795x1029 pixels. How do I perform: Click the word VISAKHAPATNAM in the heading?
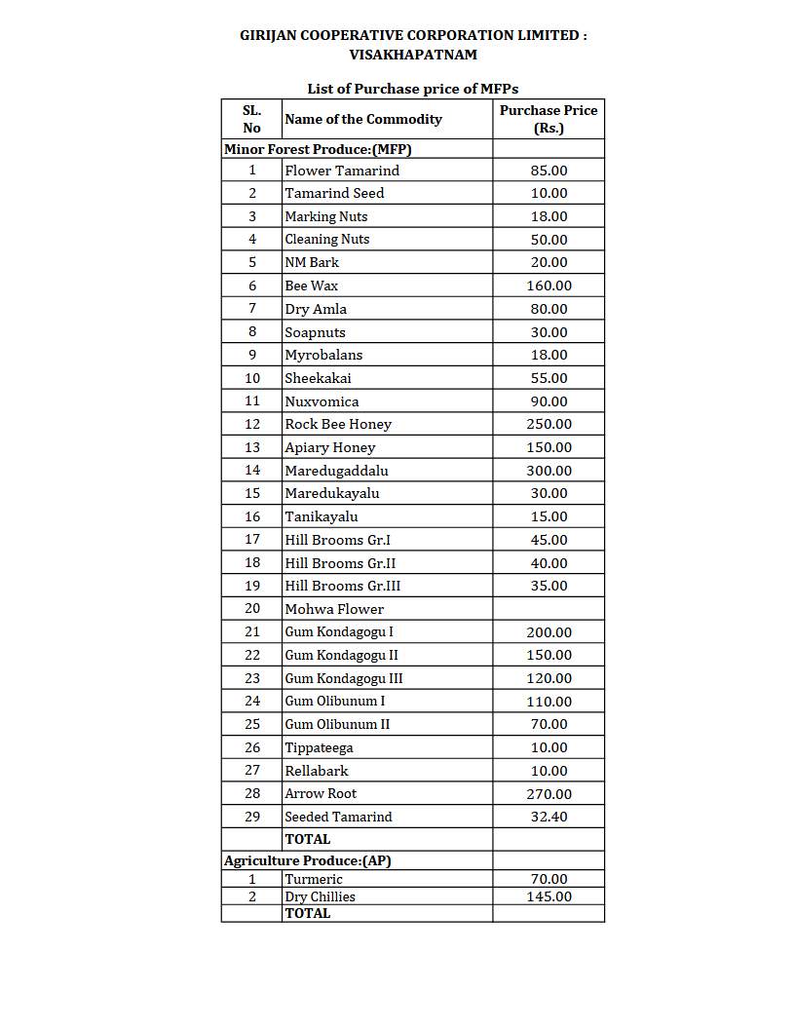(x=413, y=55)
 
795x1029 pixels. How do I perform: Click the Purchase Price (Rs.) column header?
(x=549, y=119)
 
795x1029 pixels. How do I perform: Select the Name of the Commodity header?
(x=362, y=119)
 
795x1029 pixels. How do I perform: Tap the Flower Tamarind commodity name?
(x=342, y=171)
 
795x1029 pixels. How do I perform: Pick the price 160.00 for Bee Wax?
(x=549, y=286)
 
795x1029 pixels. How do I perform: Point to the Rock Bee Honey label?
(x=338, y=425)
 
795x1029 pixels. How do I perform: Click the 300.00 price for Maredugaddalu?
(x=549, y=471)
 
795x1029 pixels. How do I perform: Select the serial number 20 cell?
(x=252, y=609)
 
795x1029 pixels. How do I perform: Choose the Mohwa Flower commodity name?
(x=334, y=609)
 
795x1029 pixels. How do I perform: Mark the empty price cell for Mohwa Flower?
(x=549, y=609)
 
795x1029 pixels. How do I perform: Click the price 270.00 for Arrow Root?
(x=549, y=794)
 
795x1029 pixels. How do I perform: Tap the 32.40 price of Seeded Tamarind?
(x=549, y=817)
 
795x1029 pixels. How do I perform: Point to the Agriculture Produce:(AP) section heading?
(x=308, y=861)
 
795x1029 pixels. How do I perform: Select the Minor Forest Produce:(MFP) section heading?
(x=322, y=149)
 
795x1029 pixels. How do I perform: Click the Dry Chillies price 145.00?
(x=549, y=896)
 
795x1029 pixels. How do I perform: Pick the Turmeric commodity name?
(x=314, y=880)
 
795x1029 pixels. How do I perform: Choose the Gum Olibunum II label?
(x=337, y=724)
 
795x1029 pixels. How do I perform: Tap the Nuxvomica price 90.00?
(x=549, y=401)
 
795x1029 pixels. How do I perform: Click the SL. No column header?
(x=252, y=119)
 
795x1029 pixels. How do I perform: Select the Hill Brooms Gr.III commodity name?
(x=342, y=586)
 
